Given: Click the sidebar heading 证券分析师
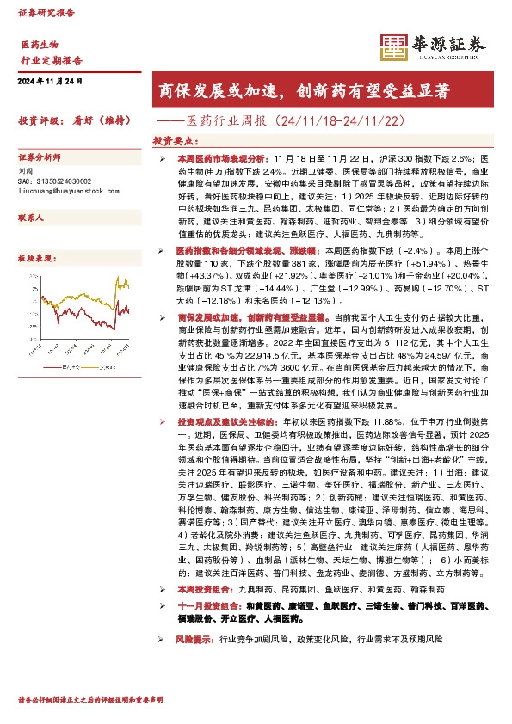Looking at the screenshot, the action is pos(40,158).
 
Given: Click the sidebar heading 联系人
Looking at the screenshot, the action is pos(31,219).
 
